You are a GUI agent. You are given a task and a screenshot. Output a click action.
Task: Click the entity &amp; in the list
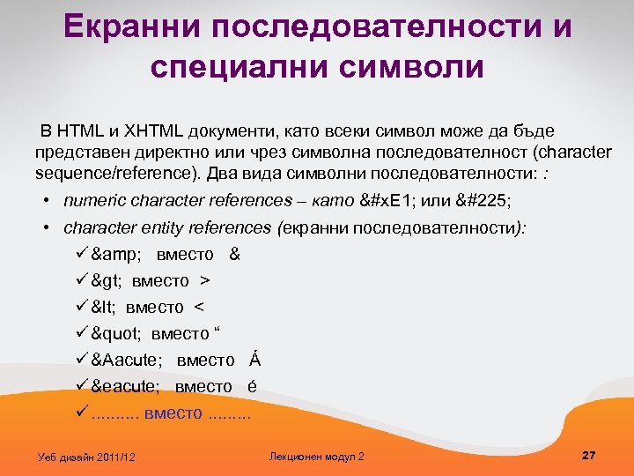[x=116, y=255]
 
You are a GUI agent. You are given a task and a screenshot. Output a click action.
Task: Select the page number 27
[x=589, y=455]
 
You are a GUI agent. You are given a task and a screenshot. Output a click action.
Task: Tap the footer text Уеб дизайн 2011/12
[x=87, y=457]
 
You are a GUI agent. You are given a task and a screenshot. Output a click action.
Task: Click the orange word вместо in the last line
[x=173, y=413]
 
